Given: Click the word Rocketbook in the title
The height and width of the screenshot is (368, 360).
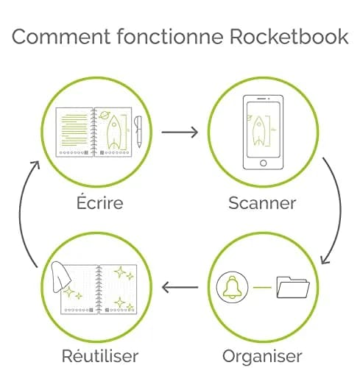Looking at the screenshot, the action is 289,37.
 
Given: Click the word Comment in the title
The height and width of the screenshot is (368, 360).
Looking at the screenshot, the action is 61,37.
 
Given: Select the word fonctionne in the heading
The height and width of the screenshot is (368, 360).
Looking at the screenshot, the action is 170,36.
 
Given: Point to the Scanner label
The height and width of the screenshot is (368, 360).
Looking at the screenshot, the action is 262,203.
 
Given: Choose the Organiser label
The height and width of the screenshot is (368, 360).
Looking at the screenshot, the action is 262,356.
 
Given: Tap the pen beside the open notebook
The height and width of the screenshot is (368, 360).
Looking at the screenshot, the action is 138,132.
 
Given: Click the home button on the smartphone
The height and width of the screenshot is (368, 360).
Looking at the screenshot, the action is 263,163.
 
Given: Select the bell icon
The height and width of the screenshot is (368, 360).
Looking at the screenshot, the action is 232,287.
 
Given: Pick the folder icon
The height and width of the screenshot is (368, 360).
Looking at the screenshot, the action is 293,287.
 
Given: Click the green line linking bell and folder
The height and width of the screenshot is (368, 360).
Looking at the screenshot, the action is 262,287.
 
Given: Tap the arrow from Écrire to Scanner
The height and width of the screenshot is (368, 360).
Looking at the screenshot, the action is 180,132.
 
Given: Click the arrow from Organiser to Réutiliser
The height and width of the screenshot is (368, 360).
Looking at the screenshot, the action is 180,287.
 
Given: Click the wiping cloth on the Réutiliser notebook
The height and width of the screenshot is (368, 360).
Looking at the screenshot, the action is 60,277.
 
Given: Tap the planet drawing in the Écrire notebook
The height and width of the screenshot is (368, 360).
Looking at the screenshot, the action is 105,115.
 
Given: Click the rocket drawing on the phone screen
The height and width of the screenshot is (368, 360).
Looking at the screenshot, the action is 258,131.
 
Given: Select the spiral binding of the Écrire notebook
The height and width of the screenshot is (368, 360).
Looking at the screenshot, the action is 93,132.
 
